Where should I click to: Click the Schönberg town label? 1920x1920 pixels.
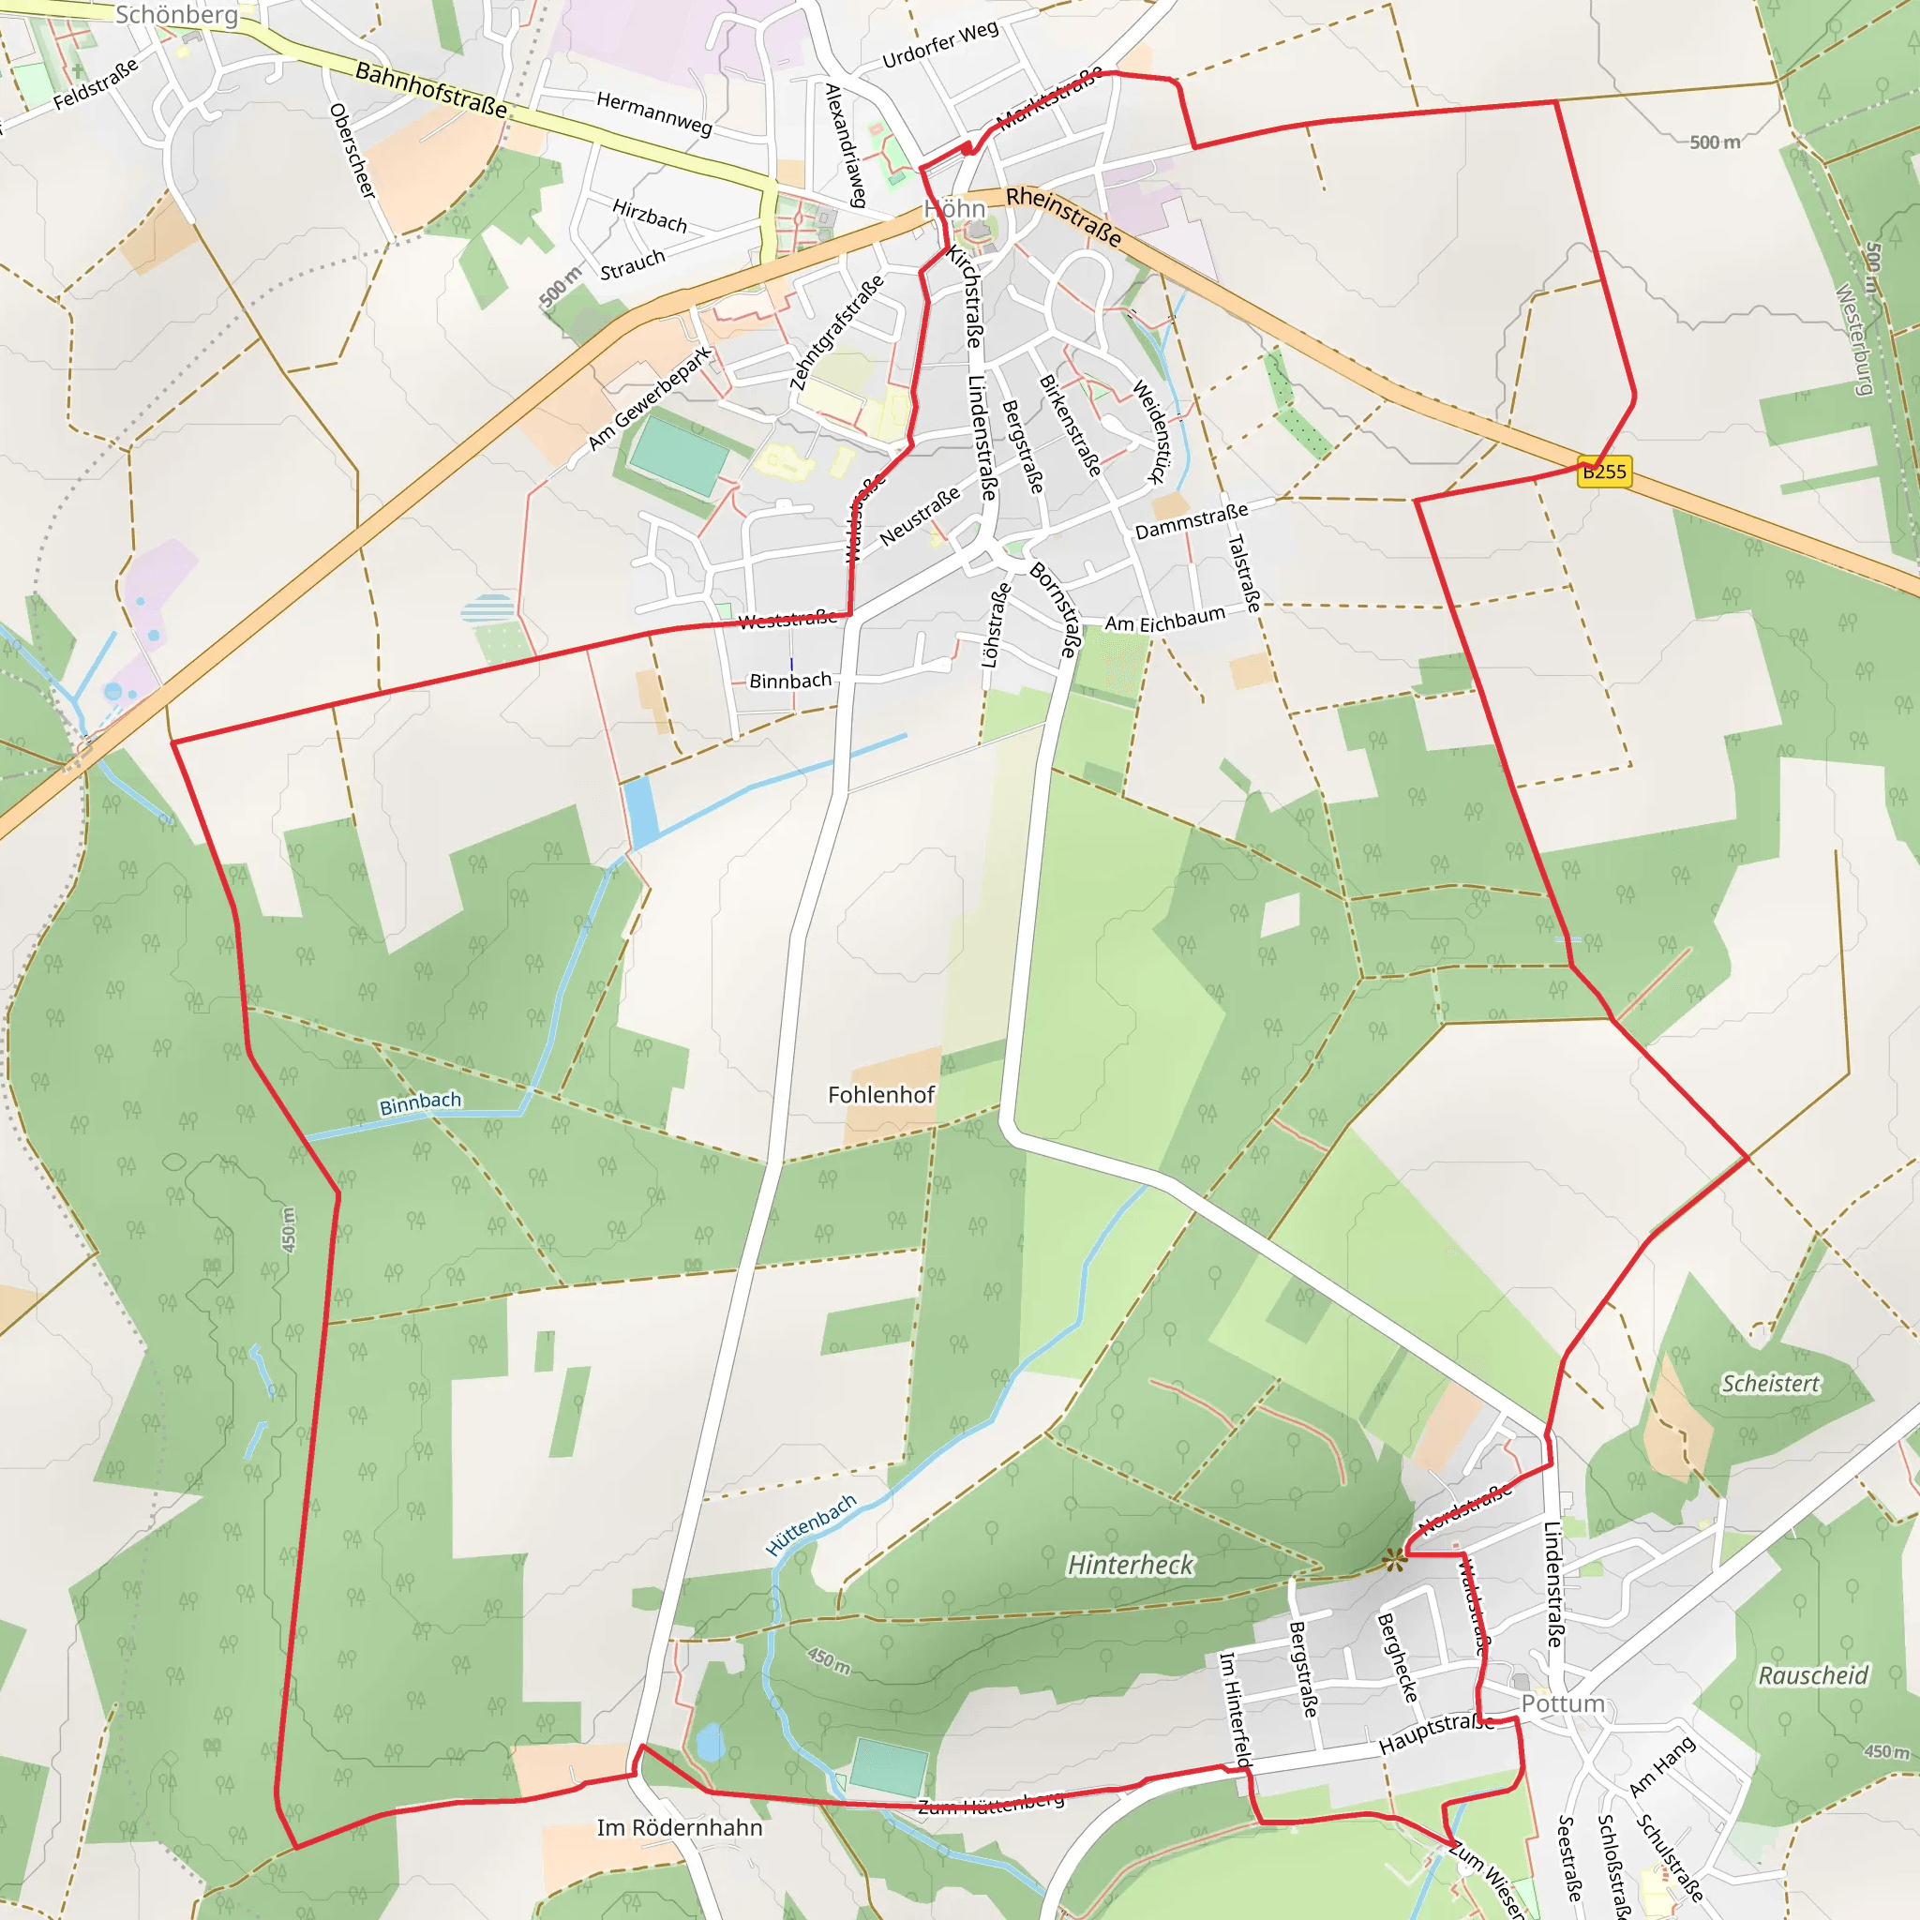(x=177, y=15)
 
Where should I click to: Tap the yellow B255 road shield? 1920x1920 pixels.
(x=1604, y=472)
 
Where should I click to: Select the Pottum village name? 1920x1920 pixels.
(x=1563, y=1703)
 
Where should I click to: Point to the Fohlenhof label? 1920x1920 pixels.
(x=881, y=1095)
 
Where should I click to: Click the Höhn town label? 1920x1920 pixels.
(x=955, y=209)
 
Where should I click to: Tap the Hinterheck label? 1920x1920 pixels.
(x=1131, y=1566)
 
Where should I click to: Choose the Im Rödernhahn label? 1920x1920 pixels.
(x=680, y=1827)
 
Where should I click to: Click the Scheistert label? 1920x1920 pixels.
(x=1771, y=1384)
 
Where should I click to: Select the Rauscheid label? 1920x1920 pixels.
(x=1814, y=1675)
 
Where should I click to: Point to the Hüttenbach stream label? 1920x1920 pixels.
(x=811, y=1525)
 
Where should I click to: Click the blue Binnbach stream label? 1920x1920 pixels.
(x=420, y=1103)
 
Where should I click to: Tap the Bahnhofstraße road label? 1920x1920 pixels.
(x=431, y=88)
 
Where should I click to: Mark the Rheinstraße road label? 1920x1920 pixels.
(x=1064, y=217)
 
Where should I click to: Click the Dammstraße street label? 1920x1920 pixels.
(x=1192, y=520)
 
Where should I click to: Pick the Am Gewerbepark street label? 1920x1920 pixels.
(x=650, y=398)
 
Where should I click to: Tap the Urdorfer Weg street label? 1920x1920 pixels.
(x=940, y=45)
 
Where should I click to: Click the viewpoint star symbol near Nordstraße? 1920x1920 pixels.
(x=1395, y=1561)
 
